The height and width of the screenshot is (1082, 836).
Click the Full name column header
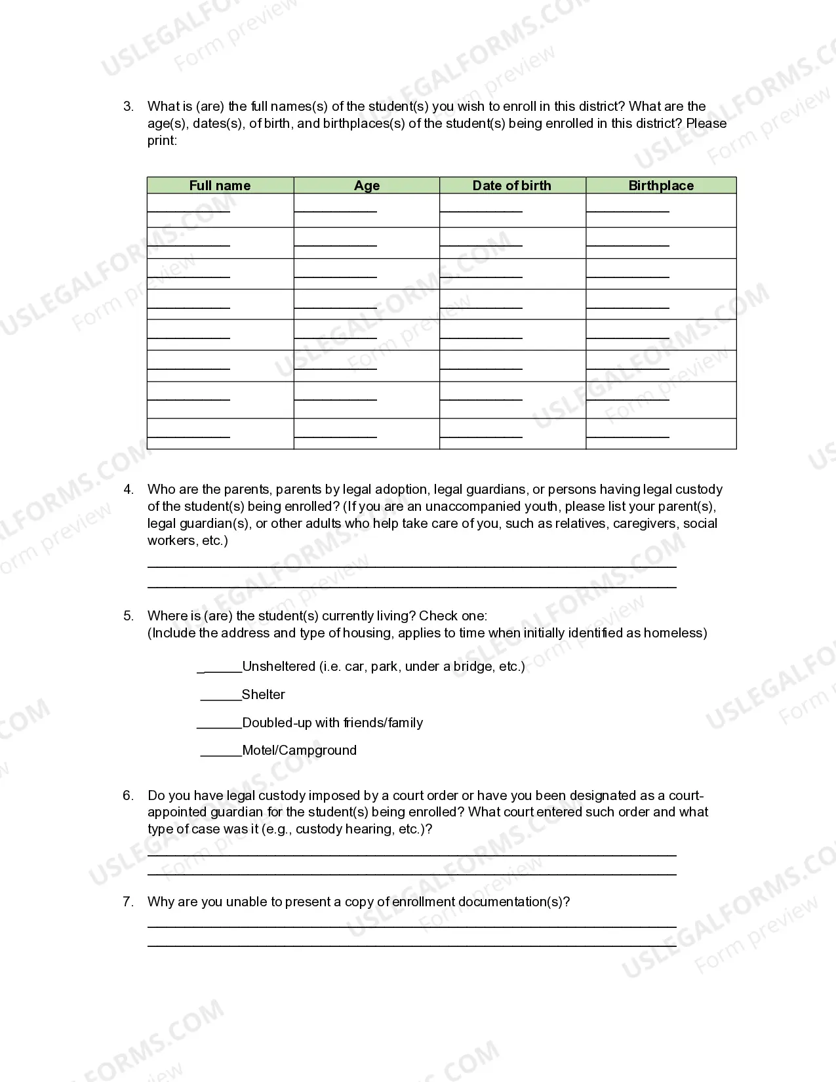[x=220, y=186]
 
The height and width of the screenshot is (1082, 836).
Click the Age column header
[x=367, y=186]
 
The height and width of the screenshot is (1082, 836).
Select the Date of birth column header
[x=511, y=186]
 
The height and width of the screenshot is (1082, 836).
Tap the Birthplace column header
[x=660, y=186]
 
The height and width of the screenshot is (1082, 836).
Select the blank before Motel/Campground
[x=221, y=752]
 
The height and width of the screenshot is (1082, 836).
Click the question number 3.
[x=129, y=106]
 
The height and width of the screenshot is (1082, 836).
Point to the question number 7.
[x=129, y=902]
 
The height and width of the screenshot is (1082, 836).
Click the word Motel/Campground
[x=299, y=750]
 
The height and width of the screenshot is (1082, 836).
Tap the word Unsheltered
[x=279, y=666]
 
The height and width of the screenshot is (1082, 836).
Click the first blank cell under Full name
[x=220, y=210]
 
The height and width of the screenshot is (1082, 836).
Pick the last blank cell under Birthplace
[x=660, y=433]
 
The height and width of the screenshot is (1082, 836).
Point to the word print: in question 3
[x=162, y=140]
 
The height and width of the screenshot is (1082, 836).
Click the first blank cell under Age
[x=367, y=210]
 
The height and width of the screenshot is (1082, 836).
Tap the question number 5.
[x=129, y=616]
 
